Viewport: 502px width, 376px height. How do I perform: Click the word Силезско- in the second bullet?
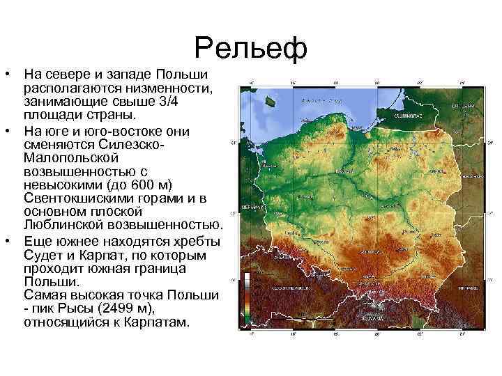tap(132, 144)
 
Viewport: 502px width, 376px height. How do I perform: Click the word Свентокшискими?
tap(77, 198)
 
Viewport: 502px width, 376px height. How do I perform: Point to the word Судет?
tap(42, 253)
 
